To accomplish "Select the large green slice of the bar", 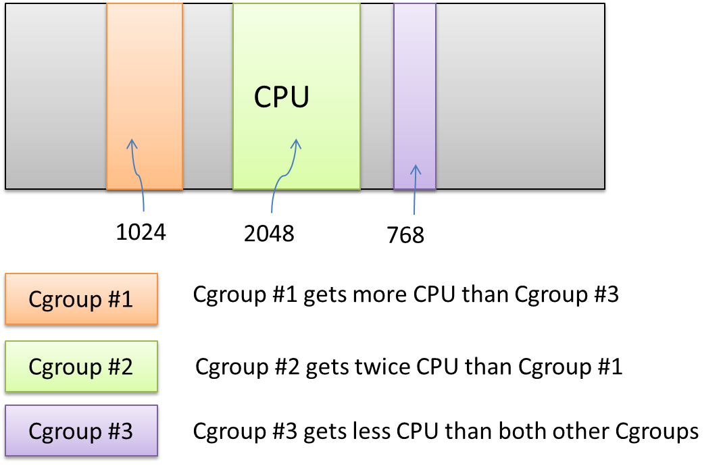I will (296, 54).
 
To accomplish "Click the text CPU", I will (282, 98).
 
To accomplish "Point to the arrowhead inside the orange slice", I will (132, 143).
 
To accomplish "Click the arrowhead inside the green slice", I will (295, 143).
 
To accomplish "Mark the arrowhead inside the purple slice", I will (416, 168).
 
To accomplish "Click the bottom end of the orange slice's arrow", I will (143, 211).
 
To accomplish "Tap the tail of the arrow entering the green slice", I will (272, 212).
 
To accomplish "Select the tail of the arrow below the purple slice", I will (414, 213).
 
